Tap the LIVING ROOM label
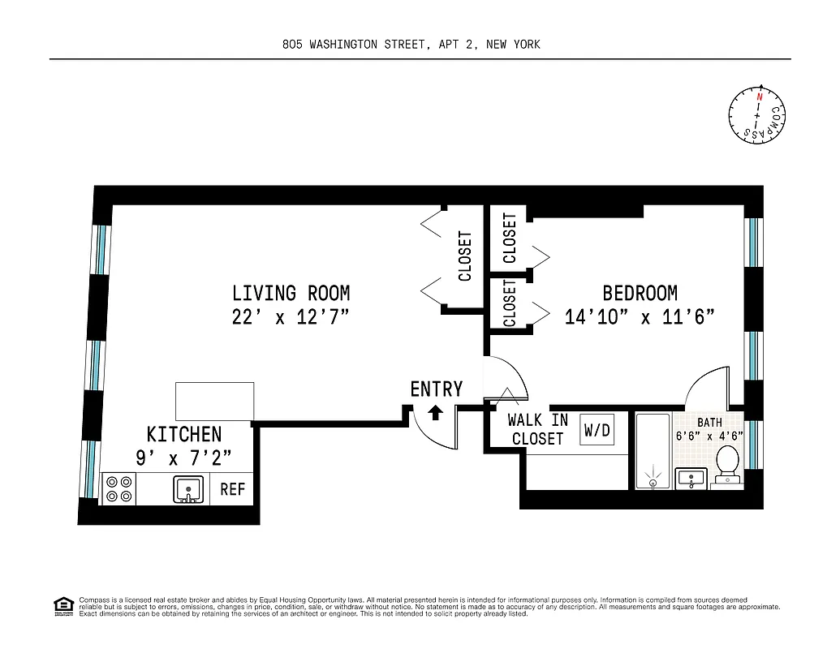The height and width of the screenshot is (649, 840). point(291,293)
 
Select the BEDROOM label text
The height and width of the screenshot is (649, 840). point(640,293)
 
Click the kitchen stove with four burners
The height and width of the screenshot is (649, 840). point(118,489)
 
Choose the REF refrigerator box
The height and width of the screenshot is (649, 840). point(232,490)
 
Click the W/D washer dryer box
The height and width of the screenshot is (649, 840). point(597,431)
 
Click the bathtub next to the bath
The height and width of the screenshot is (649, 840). point(653,451)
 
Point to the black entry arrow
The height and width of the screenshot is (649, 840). point(435,412)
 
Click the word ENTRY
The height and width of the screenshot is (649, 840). point(436,389)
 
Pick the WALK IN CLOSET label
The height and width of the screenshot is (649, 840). point(537,430)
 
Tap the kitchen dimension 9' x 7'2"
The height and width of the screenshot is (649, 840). point(184,458)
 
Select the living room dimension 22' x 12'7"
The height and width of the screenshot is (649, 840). point(291,317)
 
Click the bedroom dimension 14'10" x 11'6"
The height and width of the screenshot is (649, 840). point(640,317)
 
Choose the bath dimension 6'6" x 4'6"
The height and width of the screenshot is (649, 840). point(709,435)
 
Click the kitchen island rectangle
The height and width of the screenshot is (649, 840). point(215,401)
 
